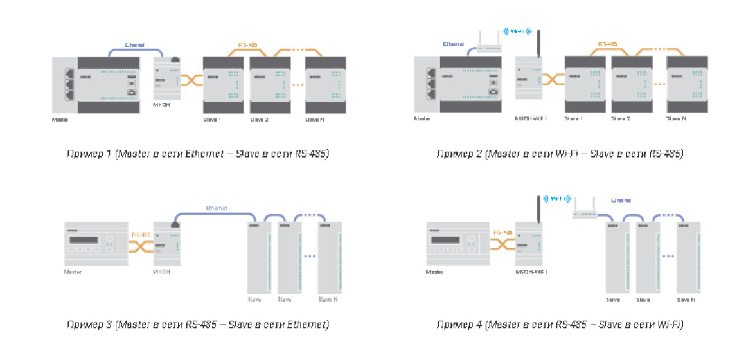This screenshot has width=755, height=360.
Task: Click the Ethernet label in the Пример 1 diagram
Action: click(x=134, y=45)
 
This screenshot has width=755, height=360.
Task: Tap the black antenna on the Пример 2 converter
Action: click(x=538, y=42)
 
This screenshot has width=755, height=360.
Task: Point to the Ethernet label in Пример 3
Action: click(x=216, y=208)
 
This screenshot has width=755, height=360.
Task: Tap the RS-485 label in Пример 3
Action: click(x=141, y=235)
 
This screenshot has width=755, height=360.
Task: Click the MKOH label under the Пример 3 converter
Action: click(x=161, y=272)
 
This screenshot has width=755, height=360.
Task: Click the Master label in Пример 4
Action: click(x=435, y=272)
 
